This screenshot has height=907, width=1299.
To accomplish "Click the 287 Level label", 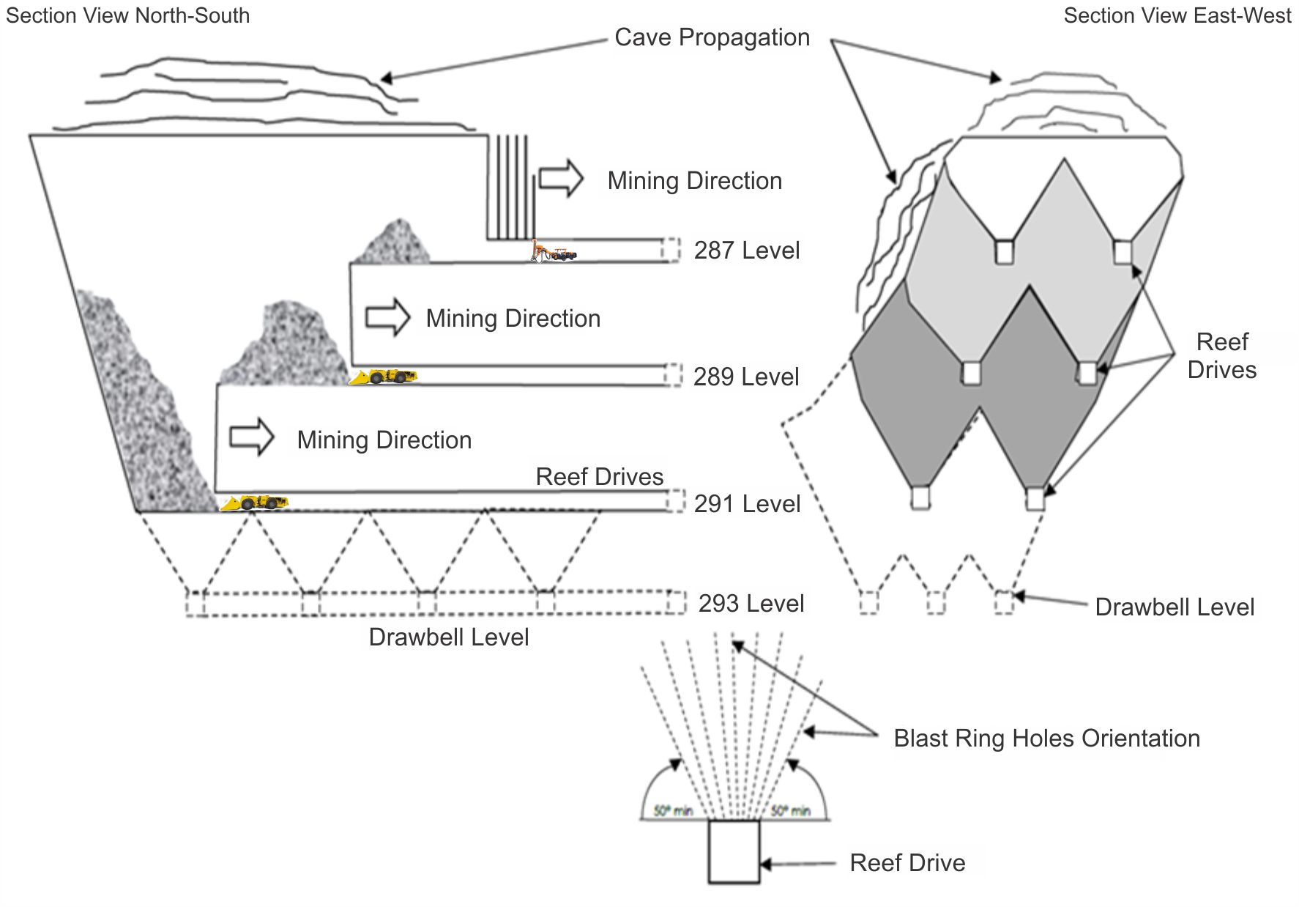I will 746,251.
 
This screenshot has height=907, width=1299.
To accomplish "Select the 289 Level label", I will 745,377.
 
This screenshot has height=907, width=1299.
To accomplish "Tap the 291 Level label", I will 746,504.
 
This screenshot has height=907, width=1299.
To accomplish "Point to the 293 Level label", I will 751,604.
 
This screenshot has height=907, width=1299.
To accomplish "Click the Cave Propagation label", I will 712,37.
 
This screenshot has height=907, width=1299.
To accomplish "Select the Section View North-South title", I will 127,15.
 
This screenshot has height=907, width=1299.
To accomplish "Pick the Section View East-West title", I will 1177,15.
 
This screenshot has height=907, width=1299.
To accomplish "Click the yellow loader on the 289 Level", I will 384,377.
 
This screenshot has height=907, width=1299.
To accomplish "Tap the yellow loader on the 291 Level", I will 254,503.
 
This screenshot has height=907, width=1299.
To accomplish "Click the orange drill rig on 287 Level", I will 553,251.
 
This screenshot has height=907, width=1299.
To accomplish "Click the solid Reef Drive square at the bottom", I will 734,851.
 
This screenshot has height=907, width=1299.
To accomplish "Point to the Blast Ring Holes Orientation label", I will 1046,738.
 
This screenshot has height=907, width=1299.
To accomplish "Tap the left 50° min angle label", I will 673,811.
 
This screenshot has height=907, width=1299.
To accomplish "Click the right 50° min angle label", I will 791,811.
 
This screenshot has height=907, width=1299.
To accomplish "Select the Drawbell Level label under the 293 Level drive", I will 448,637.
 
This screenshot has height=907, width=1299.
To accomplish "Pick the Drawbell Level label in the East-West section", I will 1175,607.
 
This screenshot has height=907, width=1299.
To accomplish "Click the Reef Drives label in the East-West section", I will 1221,356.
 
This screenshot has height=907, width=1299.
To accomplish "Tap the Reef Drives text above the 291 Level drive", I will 599,477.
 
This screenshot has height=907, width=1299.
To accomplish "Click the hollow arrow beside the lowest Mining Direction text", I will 251,438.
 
